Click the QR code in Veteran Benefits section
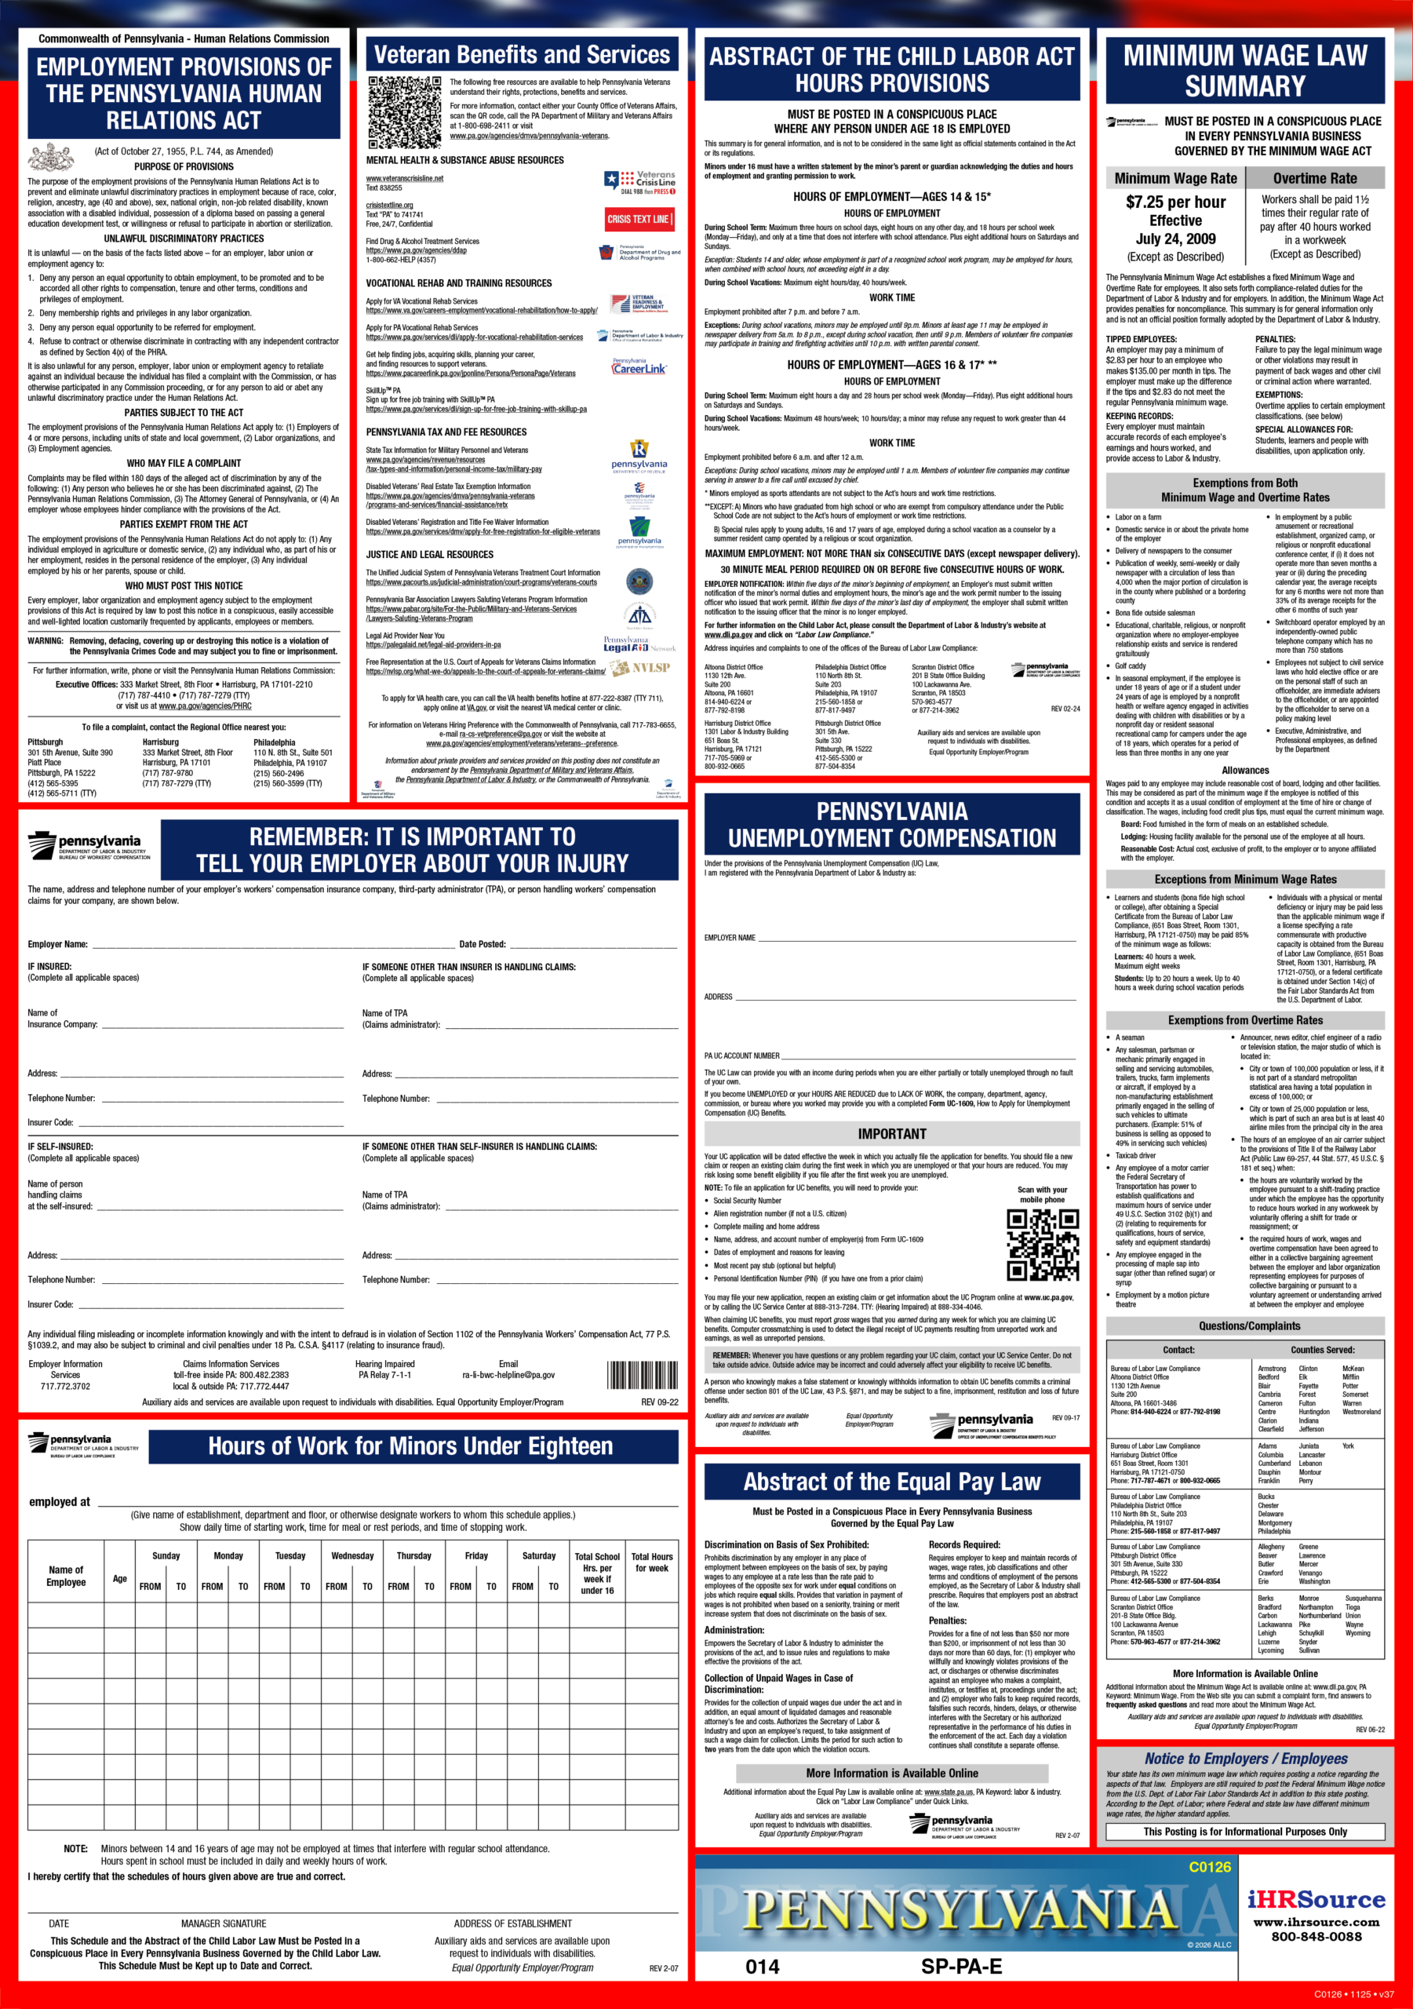[404, 112]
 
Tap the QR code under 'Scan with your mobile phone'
[1041, 1245]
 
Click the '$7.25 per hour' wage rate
[1175, 202]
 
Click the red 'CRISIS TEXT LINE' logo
[639, 219]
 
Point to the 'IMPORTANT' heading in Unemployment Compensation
[891, 1134]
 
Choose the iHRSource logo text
[1316, 1900]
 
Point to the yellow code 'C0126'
[1209, 1867]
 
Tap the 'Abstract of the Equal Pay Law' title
[891, 1482]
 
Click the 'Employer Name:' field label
[58, 944]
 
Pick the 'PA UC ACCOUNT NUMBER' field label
[741, 1056]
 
